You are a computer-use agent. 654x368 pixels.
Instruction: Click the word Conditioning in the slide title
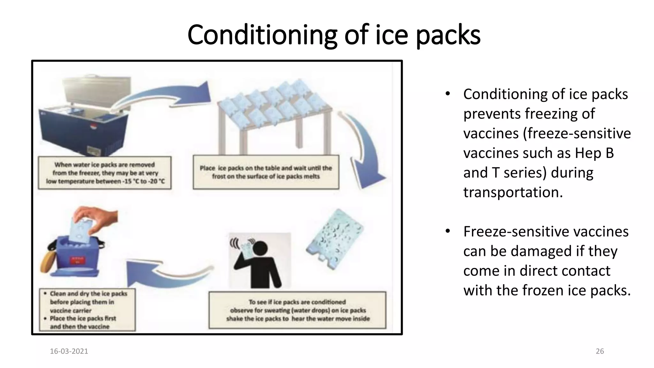coord(262,35)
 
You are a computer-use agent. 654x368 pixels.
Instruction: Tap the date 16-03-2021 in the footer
coord(69,351)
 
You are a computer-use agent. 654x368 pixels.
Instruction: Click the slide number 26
coord(600,351)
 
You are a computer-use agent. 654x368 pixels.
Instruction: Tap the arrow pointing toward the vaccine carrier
coord(166,272)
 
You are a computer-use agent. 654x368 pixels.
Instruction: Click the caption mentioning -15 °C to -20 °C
coord(105,173)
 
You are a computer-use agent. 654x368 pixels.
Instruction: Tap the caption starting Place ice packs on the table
coord(266,172)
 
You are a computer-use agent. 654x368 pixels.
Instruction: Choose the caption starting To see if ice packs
coord(297,310)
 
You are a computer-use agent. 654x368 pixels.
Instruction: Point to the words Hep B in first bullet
coord(594,153)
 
